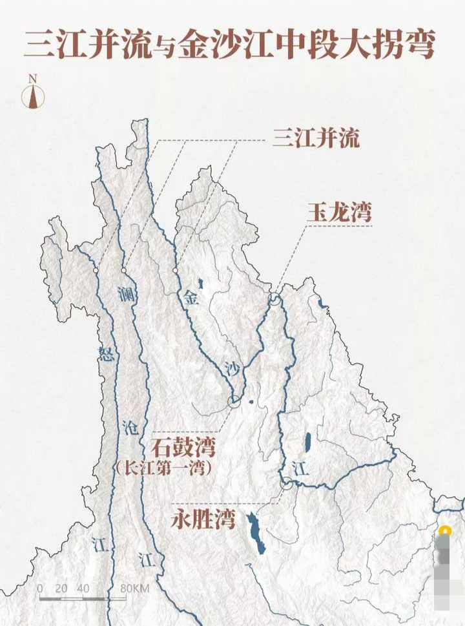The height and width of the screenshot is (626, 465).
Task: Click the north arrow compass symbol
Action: click(x=32, y=94)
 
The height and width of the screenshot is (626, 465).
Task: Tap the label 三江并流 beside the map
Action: click(x=316, y=138)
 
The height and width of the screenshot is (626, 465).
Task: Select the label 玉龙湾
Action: click(x=339, y=213)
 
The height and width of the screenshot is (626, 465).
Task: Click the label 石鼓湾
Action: click(x=183, y=446)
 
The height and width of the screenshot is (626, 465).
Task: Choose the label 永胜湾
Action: click(x=203, y=520)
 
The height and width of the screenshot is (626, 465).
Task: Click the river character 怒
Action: click(x=106, y=353)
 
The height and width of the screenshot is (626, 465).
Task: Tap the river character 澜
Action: click(x=126, y=295)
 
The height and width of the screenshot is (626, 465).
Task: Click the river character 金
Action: click(x=190, y=298)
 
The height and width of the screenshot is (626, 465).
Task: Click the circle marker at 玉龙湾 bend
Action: click(x=275, y=299)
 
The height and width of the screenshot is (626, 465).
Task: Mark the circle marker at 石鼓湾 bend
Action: click(x=234, y=401)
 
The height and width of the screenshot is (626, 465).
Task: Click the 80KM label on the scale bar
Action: click(x=134, y=589)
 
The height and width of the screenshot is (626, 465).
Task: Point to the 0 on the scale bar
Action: click(x=40, y=589)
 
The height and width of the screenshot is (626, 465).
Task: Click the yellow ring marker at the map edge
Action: click(x=444, y=532)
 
